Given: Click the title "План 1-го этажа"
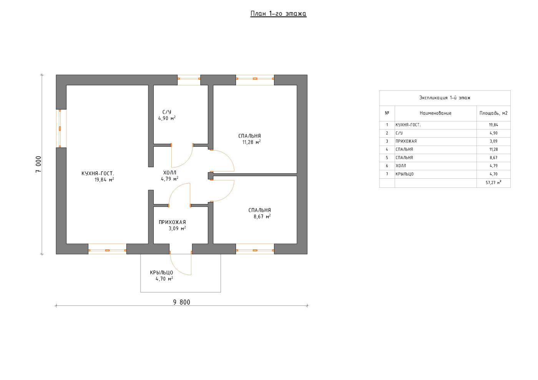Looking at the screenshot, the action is coord(278,14).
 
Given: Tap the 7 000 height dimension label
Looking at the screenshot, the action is coord(39,164).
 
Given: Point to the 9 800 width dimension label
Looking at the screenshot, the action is coord(181,302).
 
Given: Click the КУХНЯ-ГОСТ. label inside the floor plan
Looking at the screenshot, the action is coord(98,173).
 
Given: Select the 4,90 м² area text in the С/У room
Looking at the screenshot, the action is coord(167,118).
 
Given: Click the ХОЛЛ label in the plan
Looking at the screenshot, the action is coord(170,173).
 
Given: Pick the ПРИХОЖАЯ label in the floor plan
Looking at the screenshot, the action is coord(172,222).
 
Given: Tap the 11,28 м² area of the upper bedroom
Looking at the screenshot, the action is coord(251,142).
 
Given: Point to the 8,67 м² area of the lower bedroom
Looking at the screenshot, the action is coord(262,217).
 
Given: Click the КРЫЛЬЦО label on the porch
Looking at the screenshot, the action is coord(161,273).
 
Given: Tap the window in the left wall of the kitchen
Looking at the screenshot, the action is coord(60,128).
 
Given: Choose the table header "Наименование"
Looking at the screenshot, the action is coord(435,113).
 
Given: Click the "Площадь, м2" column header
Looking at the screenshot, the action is coord(493,113).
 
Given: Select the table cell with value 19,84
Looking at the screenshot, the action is coord(493,125).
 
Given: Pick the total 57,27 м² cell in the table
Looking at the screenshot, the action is coord(493,183).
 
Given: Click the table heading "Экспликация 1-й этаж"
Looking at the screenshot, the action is coord(445,98).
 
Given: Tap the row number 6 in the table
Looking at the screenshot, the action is coord(387,166).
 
